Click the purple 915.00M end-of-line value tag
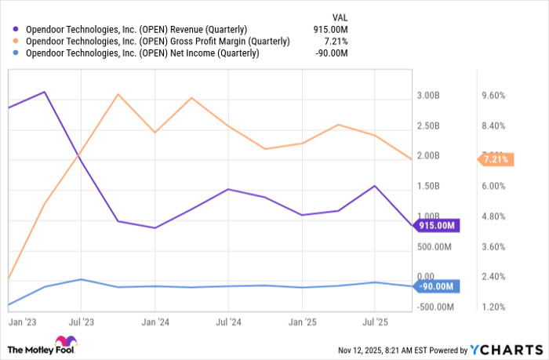click(437, 226)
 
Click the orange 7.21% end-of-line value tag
click(495, 159)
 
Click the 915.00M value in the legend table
click(329, 29)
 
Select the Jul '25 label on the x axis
click(374, 322)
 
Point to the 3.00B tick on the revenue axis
click(428, 96)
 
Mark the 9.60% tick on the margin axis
click(493, 96)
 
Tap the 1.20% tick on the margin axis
click(493, 307)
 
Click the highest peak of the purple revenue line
click(45, 92)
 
